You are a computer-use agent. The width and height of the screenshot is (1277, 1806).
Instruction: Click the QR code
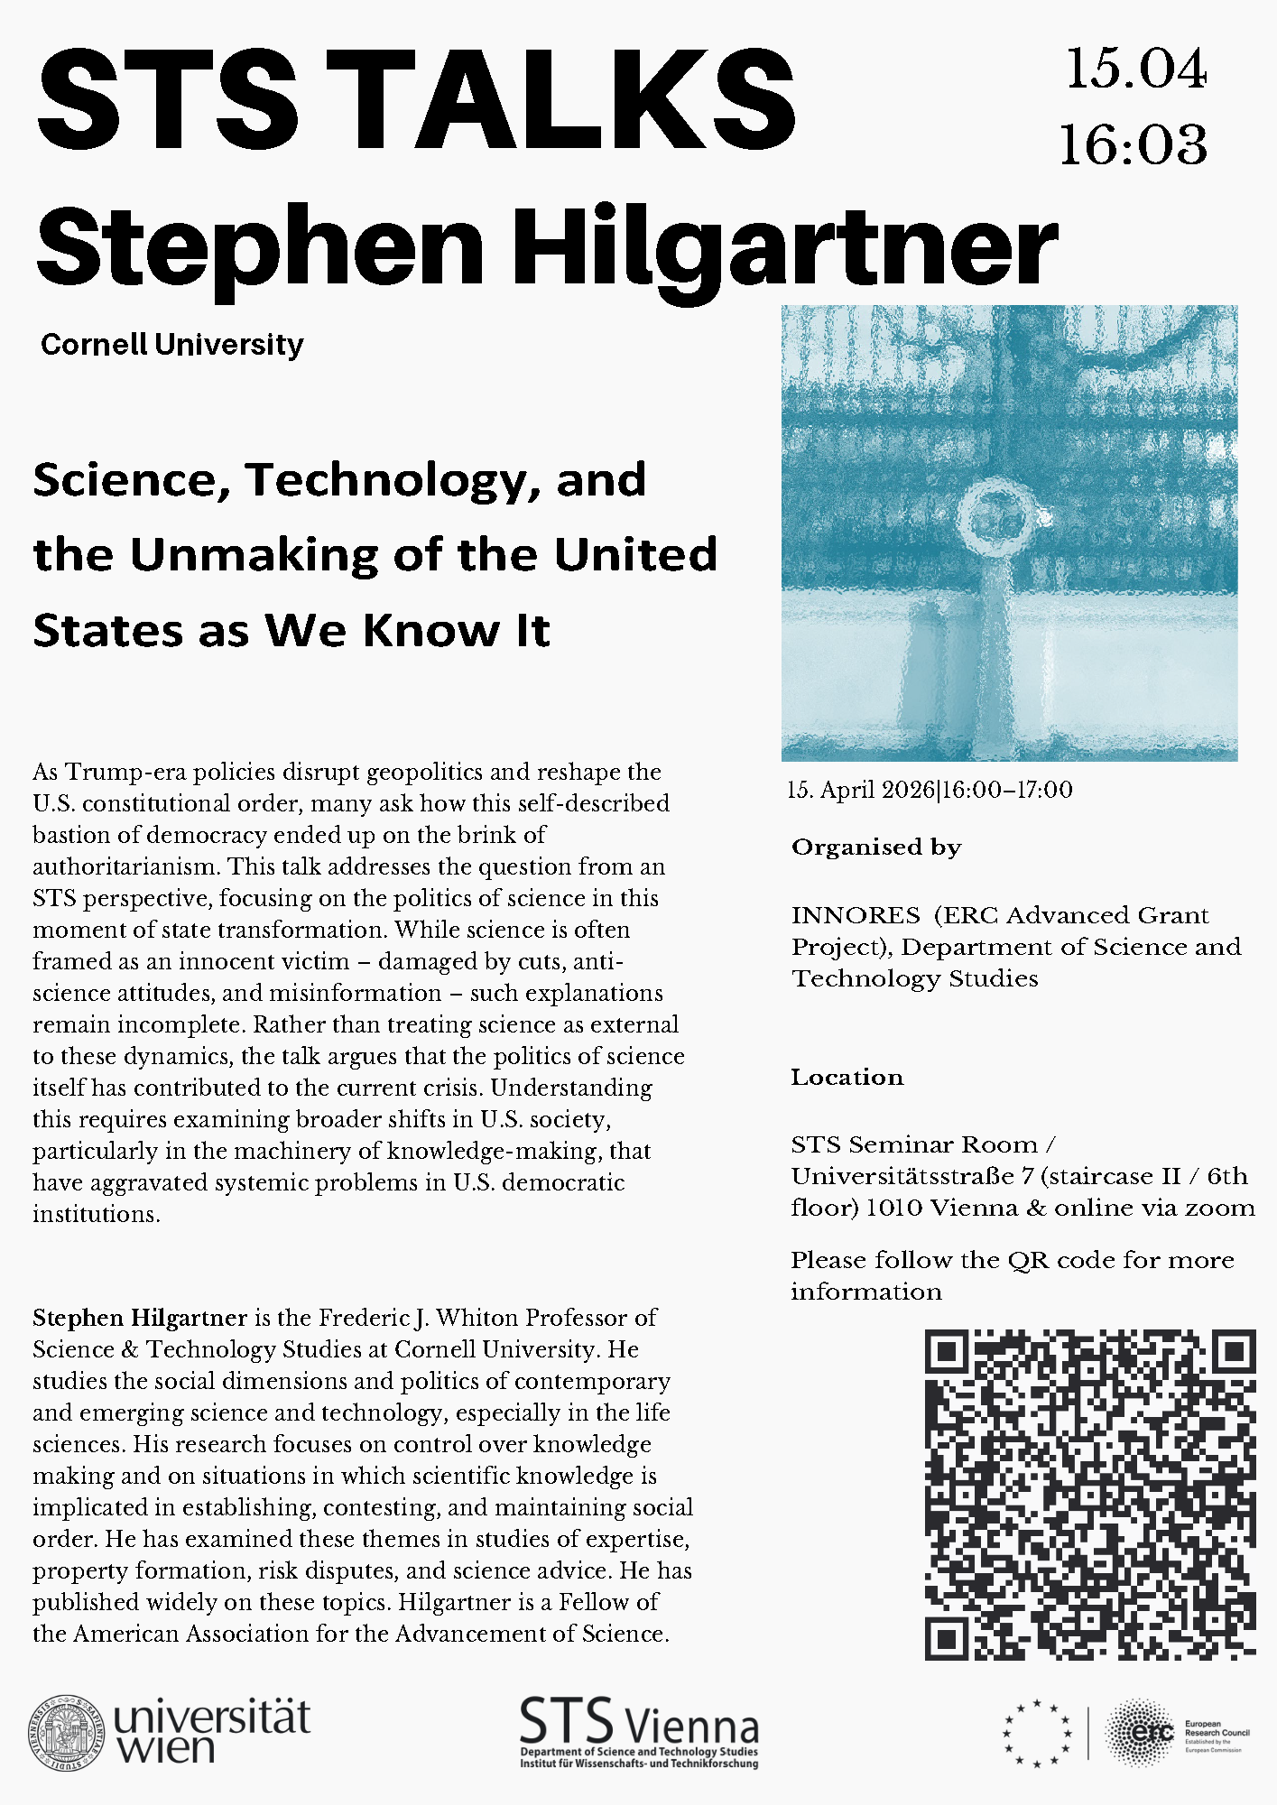click(x=1090, y=1495)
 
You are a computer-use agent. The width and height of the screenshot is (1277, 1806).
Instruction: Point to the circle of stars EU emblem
click(x=1037, y=1733)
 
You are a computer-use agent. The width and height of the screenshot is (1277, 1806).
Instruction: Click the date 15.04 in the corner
click(x=1135, y=69)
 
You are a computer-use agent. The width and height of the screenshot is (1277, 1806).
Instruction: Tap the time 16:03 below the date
click(x=1134, y=144)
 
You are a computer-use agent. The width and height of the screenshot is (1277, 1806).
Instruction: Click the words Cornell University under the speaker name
click(x=172, y=344)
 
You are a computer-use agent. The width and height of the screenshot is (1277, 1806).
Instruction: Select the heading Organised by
click(x=876, y=847)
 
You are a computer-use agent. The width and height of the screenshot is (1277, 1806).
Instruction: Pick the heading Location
click(x=847, y=1077)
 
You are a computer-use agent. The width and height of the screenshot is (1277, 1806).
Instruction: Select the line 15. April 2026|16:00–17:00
click(x=930, y=791)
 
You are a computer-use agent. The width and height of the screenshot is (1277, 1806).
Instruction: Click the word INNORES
click(x=856, y=915)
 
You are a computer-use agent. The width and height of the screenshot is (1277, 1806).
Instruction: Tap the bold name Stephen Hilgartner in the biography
click(x=140, y=1318)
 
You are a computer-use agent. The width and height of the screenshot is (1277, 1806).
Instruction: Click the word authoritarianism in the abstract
click(x=126, y=866)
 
